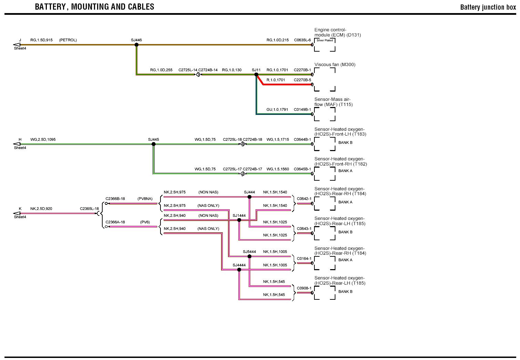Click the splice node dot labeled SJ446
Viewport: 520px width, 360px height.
coord(136,45)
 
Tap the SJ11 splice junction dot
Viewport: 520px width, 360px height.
coord(256,74)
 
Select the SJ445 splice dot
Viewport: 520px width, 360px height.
coord(154,144)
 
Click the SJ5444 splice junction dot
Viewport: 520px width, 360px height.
coord(249,256)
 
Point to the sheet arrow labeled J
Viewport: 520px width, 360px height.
coord(16,45)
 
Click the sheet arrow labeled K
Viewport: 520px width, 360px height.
coord(16,213)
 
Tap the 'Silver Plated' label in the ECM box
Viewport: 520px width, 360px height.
coord(325,40)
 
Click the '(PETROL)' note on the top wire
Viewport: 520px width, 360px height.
coord(68,40)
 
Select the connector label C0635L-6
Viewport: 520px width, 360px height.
coord(302,40)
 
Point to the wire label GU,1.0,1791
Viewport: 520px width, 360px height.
coord(277,109)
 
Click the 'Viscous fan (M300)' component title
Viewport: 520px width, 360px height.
coord(335,64)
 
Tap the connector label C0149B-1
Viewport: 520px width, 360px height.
coord(302,109)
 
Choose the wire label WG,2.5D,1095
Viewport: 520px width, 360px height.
coord(43,139)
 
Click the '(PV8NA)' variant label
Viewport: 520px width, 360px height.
coord(145,199)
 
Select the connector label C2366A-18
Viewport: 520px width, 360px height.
coord(115,222)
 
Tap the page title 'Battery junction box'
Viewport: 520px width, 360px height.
coord(488,7)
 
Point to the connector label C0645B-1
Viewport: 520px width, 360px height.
coord(302,169)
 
